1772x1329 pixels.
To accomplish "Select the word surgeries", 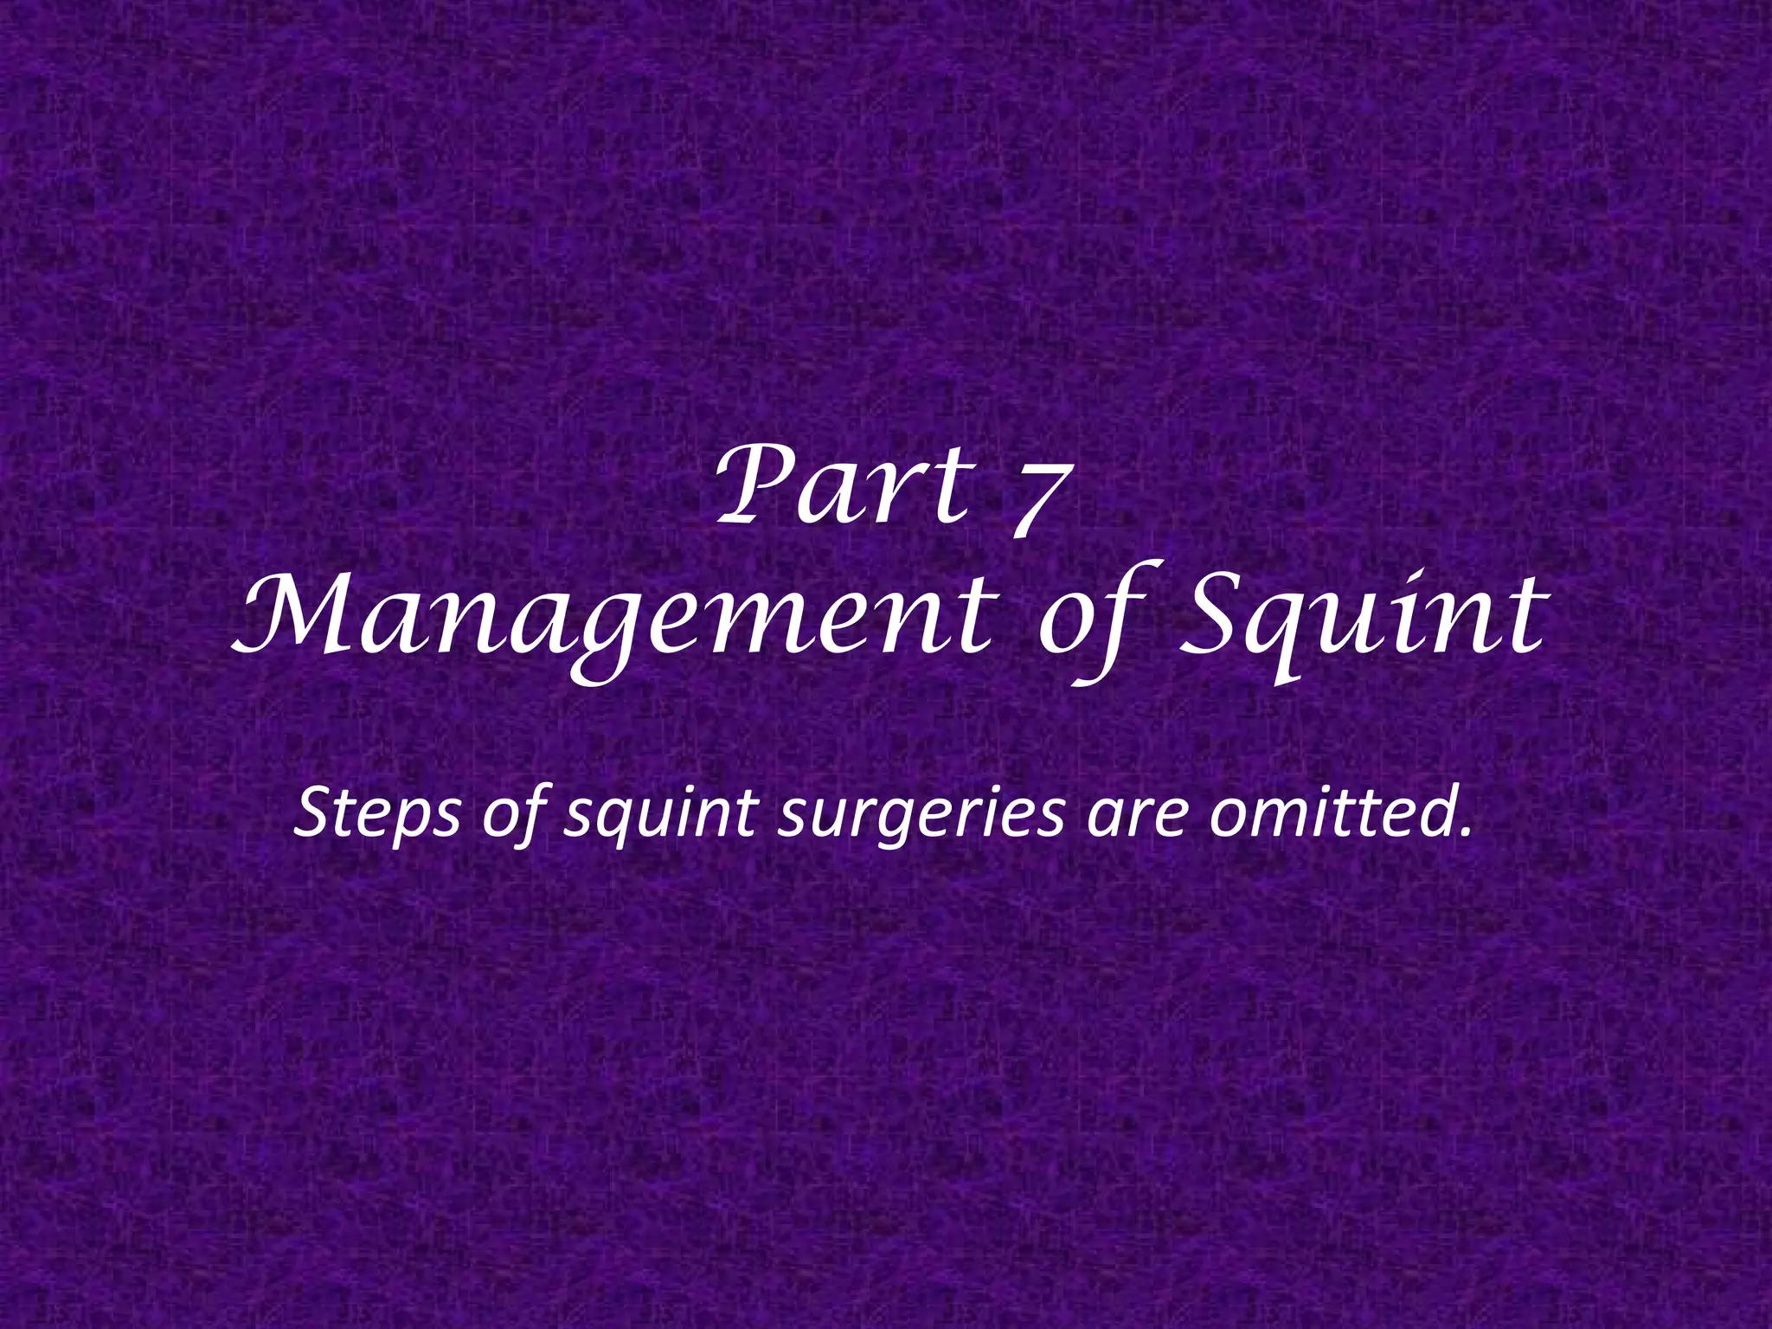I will click(921, 815).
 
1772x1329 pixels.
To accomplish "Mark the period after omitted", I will click(1465, 833).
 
